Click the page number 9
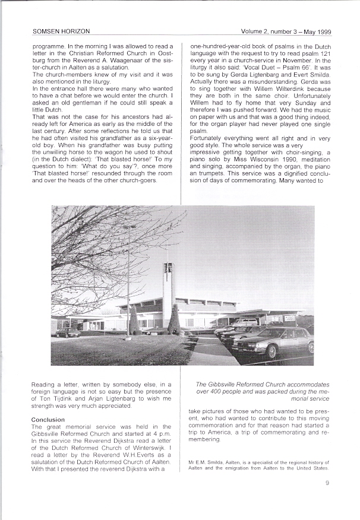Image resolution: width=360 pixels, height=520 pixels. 327,483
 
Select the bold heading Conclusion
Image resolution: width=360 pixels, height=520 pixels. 48,420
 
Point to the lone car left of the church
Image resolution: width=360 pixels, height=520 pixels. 68,332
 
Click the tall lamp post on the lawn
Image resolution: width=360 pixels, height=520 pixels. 128,279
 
